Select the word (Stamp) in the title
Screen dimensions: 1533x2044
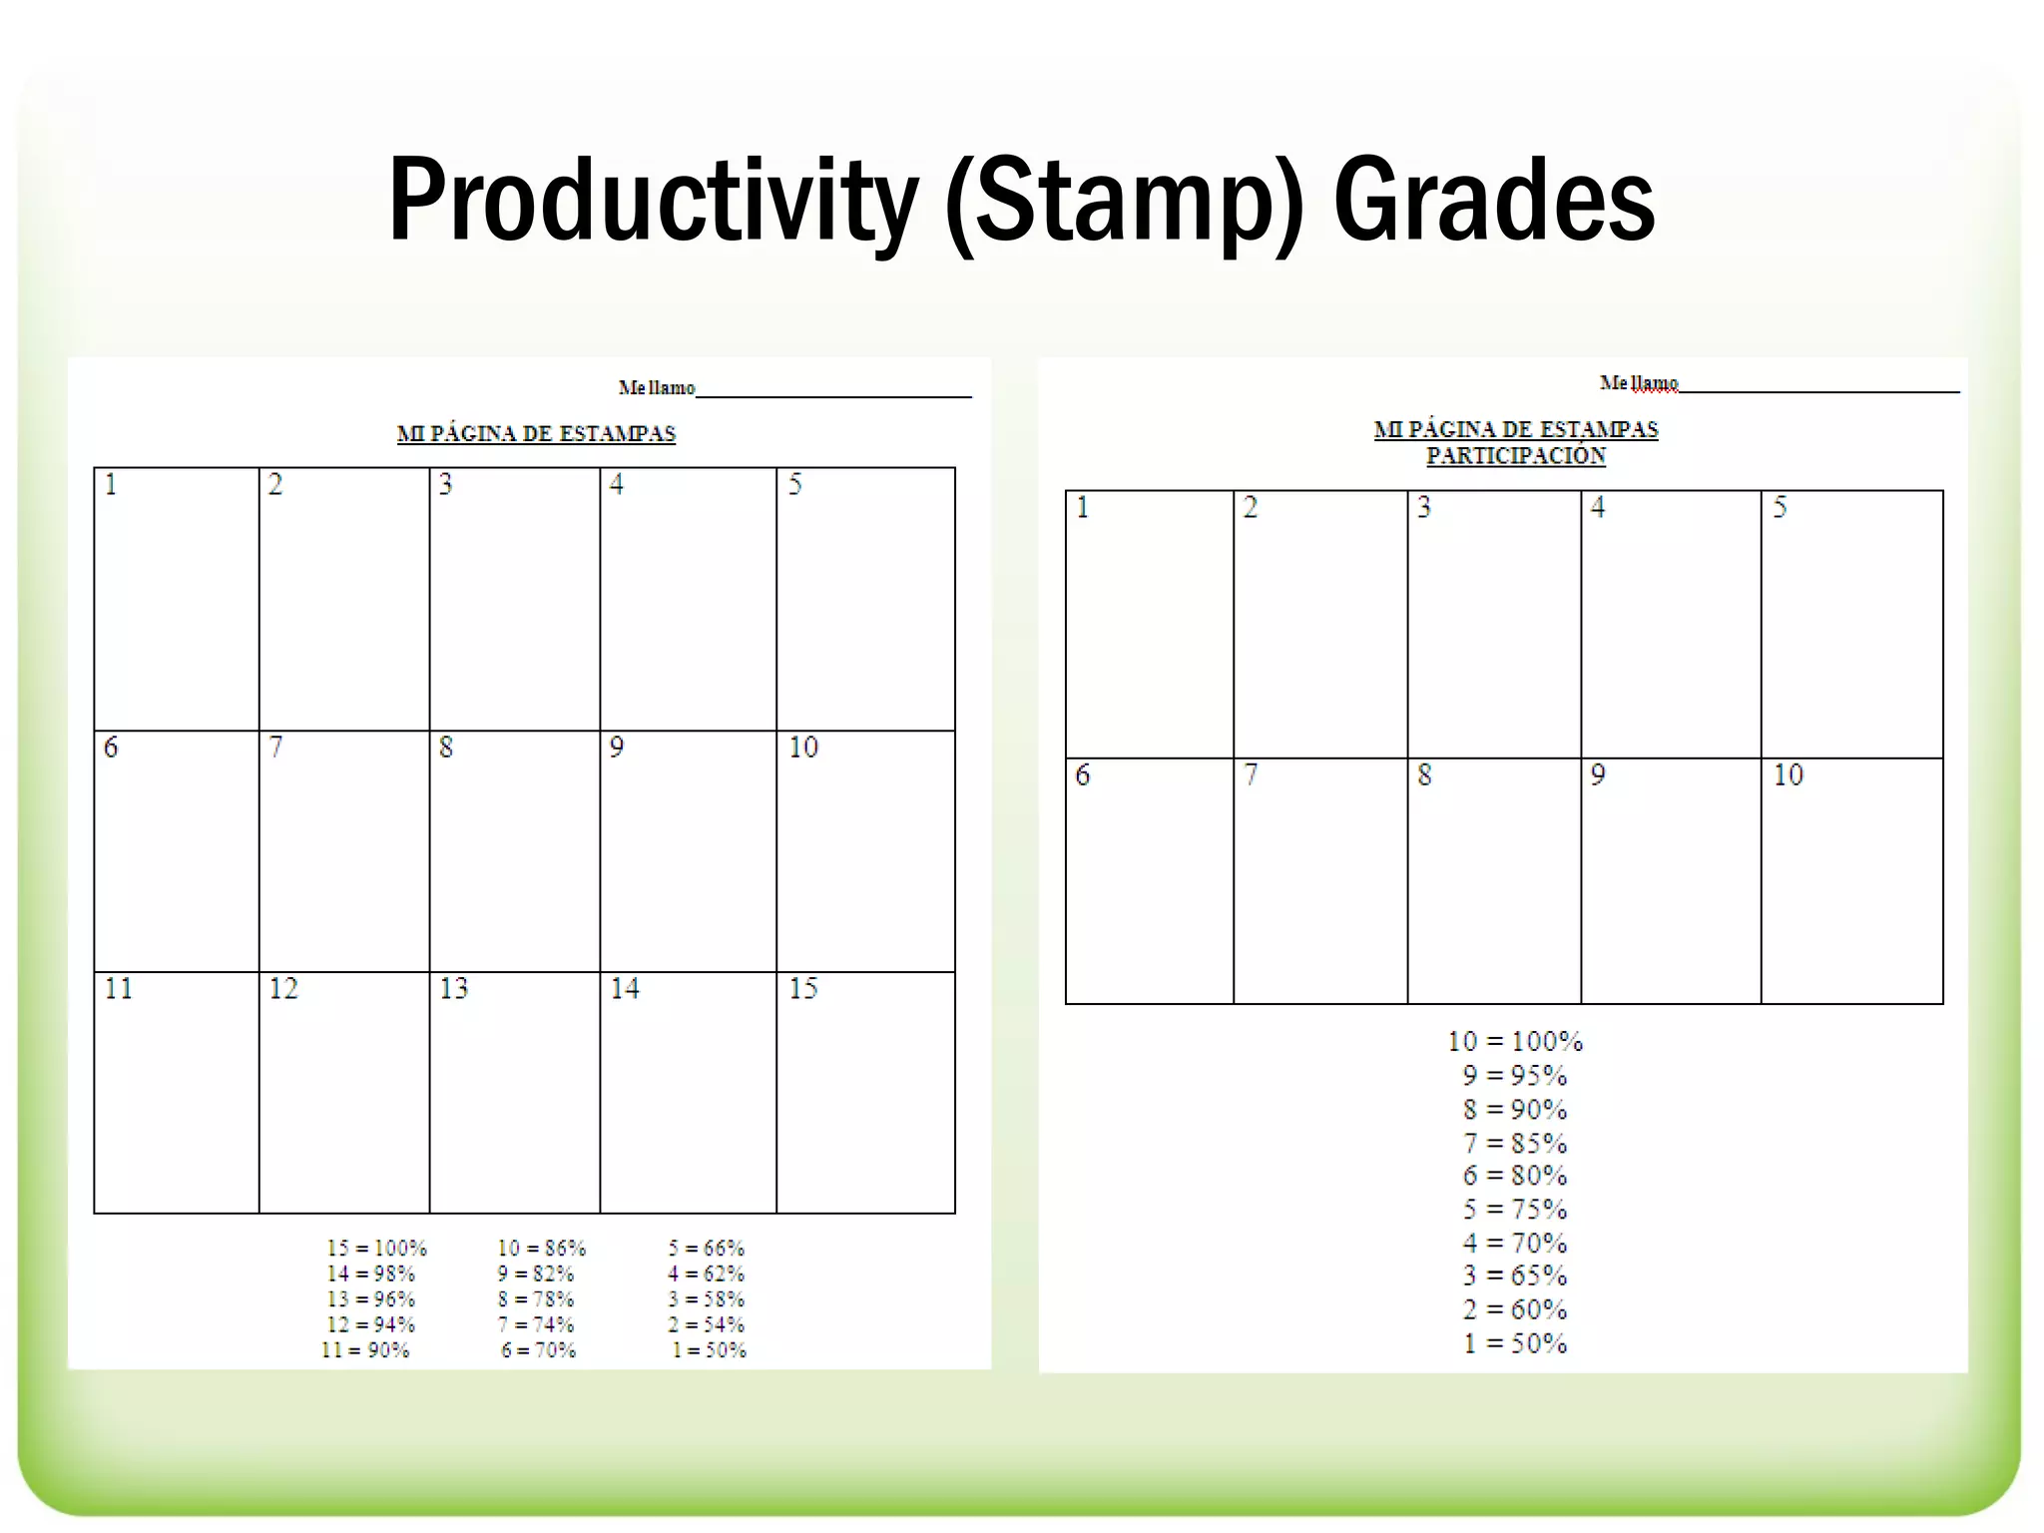[x=1124, y=202]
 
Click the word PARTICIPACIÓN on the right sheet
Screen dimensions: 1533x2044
[x=1515, y=456]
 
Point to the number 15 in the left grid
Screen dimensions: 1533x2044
[x=803, y=988]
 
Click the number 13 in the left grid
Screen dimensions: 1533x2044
[x=453, y=988]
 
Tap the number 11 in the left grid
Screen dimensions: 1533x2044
[x=118, y=988]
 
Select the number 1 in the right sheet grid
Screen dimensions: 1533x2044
[x=1082, y=508]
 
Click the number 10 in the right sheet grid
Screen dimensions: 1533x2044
[x=1788, y=774]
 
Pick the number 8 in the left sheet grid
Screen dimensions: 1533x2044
[x=446, y=747]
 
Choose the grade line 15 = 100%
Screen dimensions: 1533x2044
[x=376, y=1248]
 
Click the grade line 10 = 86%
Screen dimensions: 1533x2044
[x=541, y=1248]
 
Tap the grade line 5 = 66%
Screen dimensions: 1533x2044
[x=706, y=1248]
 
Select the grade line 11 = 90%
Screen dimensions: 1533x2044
[x=365, y=1350]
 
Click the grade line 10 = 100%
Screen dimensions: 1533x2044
[x=1515, y=1041]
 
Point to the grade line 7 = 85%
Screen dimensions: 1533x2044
[x=1515, y=1143]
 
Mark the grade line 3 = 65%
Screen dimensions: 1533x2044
[x=1515, y=1276]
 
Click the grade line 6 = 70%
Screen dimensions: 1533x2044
[x=539, y=1350]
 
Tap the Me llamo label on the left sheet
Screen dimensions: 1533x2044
[x=656, y=387]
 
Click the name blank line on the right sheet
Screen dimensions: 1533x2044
[x=1818, y=390]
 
